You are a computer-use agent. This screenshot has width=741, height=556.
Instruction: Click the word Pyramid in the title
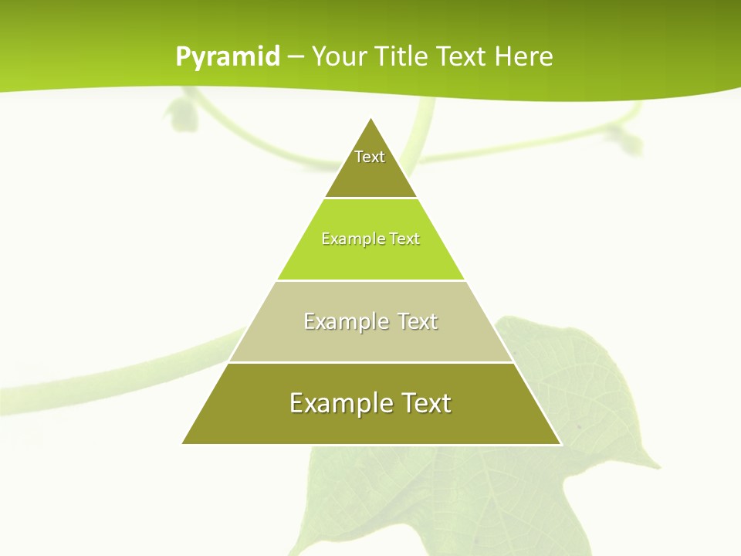(228, 57)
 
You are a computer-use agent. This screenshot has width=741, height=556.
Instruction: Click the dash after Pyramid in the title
(295, 57)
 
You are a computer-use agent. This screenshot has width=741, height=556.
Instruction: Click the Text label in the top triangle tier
(370, 157)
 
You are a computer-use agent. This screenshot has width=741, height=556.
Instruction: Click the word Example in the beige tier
(346, 321)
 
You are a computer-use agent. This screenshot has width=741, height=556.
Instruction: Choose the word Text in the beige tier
(417, 321)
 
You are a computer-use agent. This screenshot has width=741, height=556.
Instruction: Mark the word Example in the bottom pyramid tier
(340, 403)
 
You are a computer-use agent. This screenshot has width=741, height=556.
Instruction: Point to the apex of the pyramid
(371, 118)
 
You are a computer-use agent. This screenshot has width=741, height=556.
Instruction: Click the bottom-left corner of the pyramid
(183, 443)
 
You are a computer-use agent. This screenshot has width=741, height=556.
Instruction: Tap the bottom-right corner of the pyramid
(561, 444)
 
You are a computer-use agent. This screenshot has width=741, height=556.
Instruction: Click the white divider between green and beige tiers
(370, 280)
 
